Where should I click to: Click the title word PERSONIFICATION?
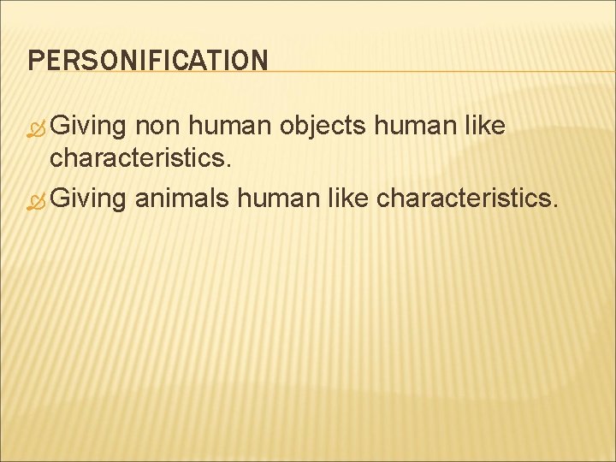[147, 60]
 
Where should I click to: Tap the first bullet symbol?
[37, 128]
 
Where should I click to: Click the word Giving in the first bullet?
[89, 127]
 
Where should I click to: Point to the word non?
[159, 127]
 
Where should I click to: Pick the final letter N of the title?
[259, 60]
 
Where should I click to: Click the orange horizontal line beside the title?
[436, 71]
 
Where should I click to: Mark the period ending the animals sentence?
[557, 205]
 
